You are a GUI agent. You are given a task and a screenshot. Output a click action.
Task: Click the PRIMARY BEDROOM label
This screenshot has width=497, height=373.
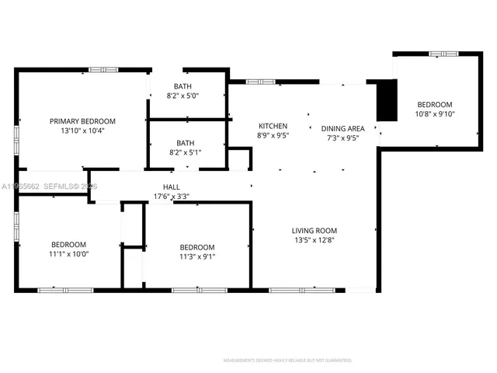(x=82, y=121)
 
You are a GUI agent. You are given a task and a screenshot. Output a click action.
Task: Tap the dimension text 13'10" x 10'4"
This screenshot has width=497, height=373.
(x=82, y=131)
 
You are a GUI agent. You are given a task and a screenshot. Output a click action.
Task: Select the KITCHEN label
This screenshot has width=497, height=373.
(x=273, y=126)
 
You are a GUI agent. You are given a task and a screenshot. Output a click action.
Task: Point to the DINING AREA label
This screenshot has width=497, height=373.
(x=343, y=128)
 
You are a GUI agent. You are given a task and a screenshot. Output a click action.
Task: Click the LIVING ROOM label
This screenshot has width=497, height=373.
(x=314, y=230)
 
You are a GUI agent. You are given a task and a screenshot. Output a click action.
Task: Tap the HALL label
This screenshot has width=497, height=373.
(x=171, y=187)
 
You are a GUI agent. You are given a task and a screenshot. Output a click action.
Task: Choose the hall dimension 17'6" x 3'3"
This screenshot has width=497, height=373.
(x=171, y=197)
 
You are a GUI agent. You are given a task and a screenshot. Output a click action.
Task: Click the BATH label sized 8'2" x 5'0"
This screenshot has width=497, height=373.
(x=183, y=86)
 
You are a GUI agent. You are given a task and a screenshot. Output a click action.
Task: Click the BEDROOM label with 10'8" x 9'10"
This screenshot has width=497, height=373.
(x=435, y=104)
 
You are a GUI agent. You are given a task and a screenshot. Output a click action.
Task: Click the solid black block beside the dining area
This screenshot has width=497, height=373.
(x=386, y=100)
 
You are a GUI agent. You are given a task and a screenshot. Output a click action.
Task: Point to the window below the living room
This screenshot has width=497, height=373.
(x=293, y=290)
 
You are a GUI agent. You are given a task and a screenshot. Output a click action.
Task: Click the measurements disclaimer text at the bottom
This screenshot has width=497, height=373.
(x=287, y=361)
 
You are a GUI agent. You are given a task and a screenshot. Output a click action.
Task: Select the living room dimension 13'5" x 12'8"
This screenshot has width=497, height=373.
(x=314, y=240)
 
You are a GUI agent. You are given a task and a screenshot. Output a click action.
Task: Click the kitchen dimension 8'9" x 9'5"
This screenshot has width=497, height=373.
(x=273, y=136)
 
